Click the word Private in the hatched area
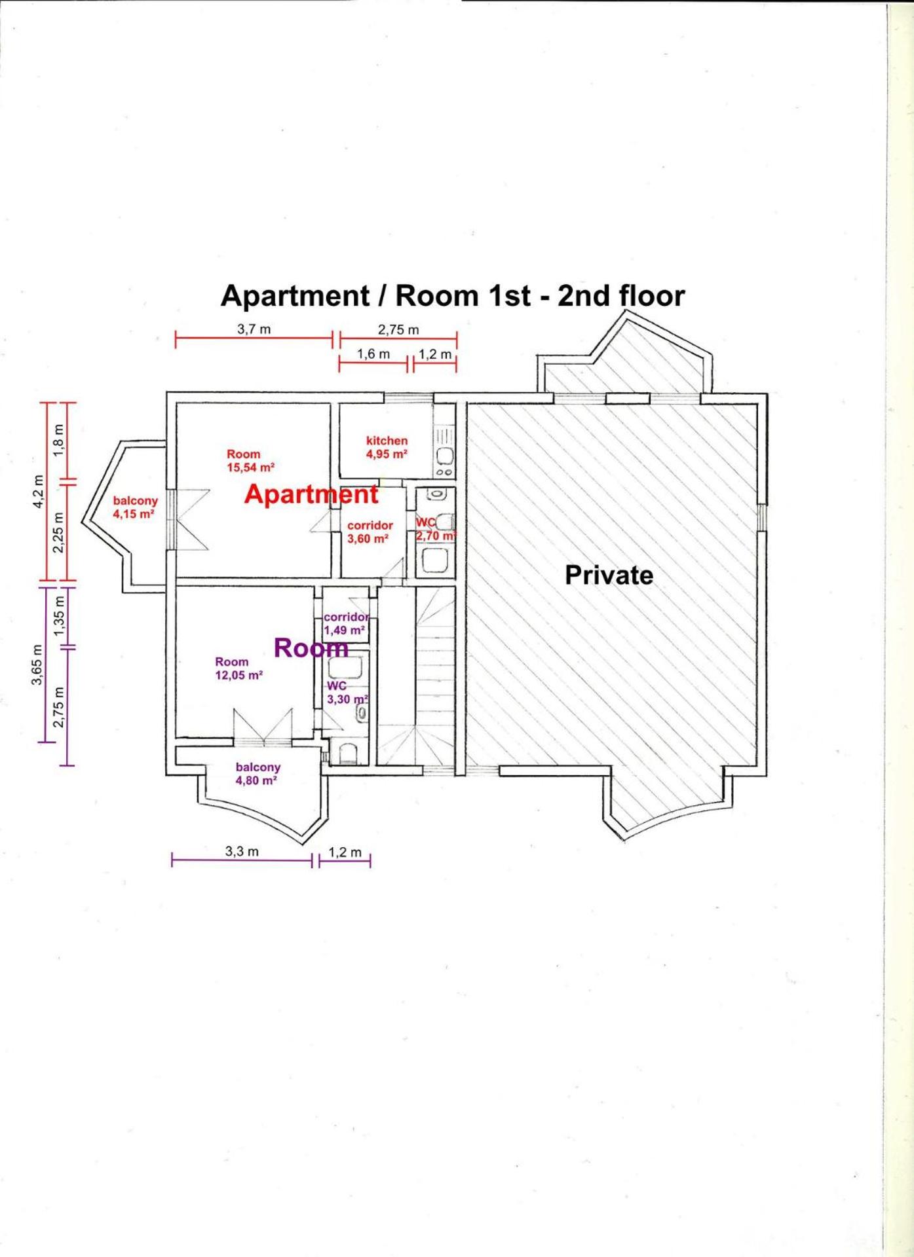coord(609,575)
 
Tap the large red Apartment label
coord(311,494)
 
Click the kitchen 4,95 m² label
coord(387,447)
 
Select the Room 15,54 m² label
coord(250,461)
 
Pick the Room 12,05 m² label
coord(239,668)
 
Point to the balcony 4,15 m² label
coord(135,507)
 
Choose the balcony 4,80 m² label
coord(257,773)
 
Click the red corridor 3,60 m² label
coord(370,532)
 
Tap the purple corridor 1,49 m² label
coord(347,623)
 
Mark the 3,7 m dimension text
coord(254,329)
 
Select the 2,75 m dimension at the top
coord(398,330)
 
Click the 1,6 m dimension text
coord(373,354)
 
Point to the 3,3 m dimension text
coord(242,852)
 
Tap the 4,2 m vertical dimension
coord(39,492)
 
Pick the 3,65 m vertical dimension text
coord(37,665)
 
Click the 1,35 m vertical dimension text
coord(60,615)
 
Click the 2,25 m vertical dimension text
coord(60,532)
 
